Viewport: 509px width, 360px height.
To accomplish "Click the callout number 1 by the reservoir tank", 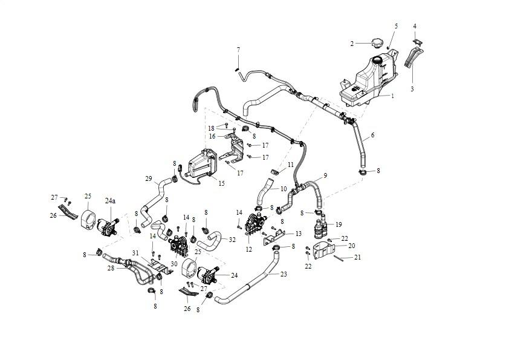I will pyautogui.click(x=392, y=96).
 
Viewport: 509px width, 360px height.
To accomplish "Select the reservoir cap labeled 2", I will pyautogui.click(x=377, y=43).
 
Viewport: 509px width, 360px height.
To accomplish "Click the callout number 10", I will pyautogui.click(x=284, y=188).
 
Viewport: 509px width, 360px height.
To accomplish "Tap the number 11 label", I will pyautogui.click(x=291, y=165).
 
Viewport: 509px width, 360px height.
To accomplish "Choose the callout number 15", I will pyautogui.click(x=221, y=183).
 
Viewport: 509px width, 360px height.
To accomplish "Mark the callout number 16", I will pyautogui.click(x=212, y=136).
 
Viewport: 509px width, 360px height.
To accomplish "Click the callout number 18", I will pyautogui.click(x=212, y=128).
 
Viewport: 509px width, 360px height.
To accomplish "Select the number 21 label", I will pyautogui.click(x=357, y=258).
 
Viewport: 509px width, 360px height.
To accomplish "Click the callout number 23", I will pyautogui.click(x=284, y=273).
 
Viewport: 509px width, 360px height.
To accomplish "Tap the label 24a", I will pyautogui.click(x=111, y=200).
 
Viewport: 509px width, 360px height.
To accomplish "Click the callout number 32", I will pyautogui.click(x=232, y=240).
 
